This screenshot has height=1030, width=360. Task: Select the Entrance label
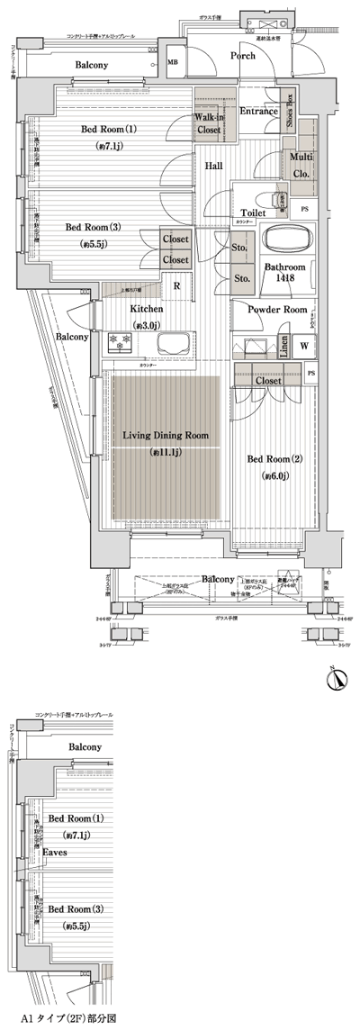coord(259,112)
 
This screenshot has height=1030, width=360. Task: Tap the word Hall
coord(213,166)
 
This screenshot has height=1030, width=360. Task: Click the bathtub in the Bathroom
coord(287,240)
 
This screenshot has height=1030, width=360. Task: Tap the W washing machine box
coord(303,346)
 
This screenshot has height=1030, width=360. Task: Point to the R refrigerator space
coord(176,286)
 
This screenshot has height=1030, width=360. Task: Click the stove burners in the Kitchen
coord(120,343)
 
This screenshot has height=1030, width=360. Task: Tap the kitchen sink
coord(169,345)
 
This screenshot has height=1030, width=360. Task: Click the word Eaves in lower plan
coord(58,851)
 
